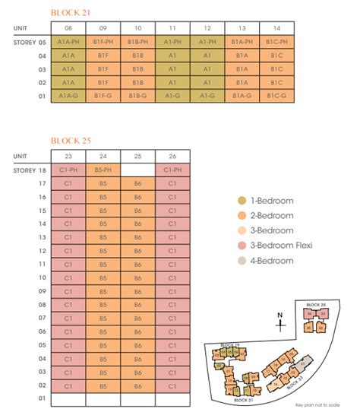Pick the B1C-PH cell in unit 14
coord(276,42)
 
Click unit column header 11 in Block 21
coord(172,27)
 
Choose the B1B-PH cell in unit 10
coord(138,42)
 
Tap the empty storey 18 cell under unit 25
coord(138,170)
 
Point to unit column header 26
coord(172,156)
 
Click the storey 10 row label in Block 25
coord(43,276)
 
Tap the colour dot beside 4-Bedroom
coord(242,261)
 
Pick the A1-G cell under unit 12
coord(207,96)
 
